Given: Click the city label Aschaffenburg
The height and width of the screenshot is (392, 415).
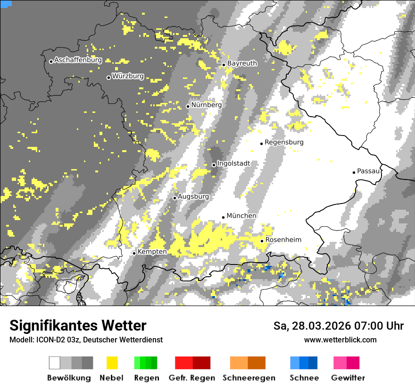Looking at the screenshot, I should pyautogui.click(x=78, y=60).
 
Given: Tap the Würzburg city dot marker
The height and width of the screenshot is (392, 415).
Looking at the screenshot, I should pyautogui.click(x=108, y=77).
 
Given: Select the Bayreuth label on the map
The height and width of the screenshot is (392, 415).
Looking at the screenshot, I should pyautogui.click(x=242, y=63).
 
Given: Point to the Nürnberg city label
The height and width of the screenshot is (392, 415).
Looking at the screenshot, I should pyautogui.click(x=206, y=105).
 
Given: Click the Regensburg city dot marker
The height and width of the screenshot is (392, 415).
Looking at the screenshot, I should pyautogui.click(x=261, y=144).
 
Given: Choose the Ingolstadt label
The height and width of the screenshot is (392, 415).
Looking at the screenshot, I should pyautogui.click(x=233, y=163).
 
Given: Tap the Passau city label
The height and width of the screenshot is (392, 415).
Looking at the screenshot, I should pyautogui.click(x=368, y=171).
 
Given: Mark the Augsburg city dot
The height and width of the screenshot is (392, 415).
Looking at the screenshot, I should pyautogui.click(x=174, y=198).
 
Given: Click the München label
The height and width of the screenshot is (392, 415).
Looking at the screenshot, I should pyautogui.click(x=241, y=216).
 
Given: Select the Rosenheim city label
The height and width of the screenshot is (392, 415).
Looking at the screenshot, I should pyautogui.click(x=283, y=240).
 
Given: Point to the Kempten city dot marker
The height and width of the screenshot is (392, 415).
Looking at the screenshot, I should pyautogui.click(x=134, y=253).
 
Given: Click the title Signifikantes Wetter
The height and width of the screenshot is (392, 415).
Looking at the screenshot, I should pyautogui.click(x=78, y=326).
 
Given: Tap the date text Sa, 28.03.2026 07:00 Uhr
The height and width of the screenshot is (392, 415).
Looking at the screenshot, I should pyautogui.click(x=338, y=326).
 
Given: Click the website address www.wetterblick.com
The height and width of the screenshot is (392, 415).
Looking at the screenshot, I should pyautogui.click(x=340, y=340).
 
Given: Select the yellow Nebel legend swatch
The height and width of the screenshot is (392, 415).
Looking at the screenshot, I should pyautogui.click(x=112, y=363).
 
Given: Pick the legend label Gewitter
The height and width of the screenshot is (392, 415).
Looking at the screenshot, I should pyautogui.click(x=348, y=378).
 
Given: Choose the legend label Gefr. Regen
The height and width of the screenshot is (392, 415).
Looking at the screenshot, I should pyautogui.click(x=192, y=378).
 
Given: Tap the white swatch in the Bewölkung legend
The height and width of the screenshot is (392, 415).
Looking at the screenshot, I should pyautogui.click(x=55, y=363).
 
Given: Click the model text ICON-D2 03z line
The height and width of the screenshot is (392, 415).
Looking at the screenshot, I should pyautogui.click(x=86, y=340).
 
